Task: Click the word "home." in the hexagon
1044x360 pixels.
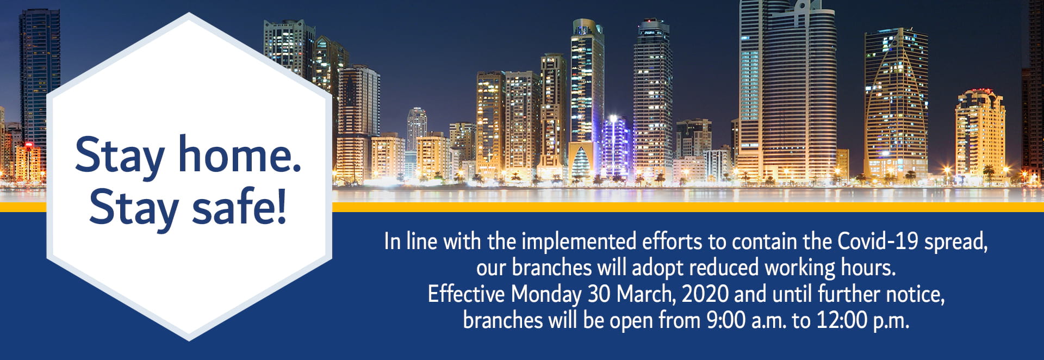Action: (x=240, y=156)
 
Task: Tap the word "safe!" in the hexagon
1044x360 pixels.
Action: (x=239, y=208)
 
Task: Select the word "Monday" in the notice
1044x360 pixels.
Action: (x=546, y=294)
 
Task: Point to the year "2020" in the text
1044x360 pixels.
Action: (x=705, y=294)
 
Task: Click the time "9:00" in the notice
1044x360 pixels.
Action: (x=726, y=320)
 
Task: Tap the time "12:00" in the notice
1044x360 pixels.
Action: (x=842, y=320)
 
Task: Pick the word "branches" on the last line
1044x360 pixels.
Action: (x=502, y=320)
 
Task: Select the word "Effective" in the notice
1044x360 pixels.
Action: (x=466, y=294)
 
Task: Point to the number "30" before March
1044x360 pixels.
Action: (x=599, y=294)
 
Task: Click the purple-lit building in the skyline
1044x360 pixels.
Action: (x=614, y=144)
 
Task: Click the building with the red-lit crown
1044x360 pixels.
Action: (x=980, y=133)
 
